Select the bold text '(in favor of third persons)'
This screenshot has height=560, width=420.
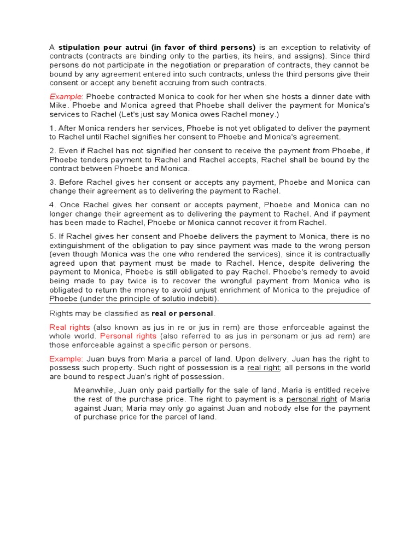(200, 47)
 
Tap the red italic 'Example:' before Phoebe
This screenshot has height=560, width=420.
(65, 96)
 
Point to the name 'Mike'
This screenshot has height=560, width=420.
(59, 104)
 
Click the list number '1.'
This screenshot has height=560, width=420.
(52, 128)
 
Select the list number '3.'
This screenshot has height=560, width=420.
(52, 182)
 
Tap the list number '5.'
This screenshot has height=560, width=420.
(52, 236)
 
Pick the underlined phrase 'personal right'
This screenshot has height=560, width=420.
(308, 399)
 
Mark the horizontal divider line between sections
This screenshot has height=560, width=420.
(210, 304)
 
